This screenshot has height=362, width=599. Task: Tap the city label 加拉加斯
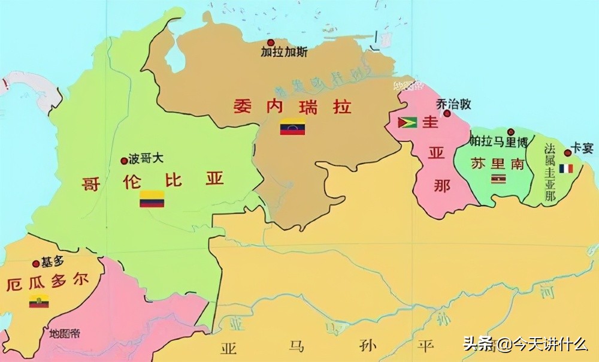pos(284,52)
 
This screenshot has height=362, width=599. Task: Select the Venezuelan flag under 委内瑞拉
pos(292,128)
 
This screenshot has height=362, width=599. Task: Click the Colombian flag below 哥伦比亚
pos(152,199)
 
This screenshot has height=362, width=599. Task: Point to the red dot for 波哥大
pos(124,161)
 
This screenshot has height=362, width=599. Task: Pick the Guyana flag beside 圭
pos(408,123)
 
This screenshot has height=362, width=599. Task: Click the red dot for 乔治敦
pos(447,113)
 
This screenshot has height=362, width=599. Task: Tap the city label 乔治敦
pos(454,104)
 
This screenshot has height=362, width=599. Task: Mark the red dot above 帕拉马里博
pos(511,132)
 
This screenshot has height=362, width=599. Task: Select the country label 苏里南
pos(497,163)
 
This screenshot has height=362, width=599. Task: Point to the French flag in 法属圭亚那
pos(566,168)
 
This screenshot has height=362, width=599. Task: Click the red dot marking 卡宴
pos(567,153)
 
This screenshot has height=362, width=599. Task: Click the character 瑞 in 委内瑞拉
pos(311,107)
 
